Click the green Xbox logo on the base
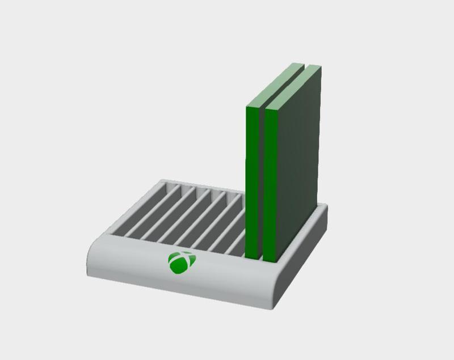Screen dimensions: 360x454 tap(182, 261)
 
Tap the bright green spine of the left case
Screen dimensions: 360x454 tap(252, 181)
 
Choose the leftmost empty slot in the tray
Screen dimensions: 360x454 tap(136, 210)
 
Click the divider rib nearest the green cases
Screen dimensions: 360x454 tap(236, 221)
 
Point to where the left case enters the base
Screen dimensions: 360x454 tap(253, 258)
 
